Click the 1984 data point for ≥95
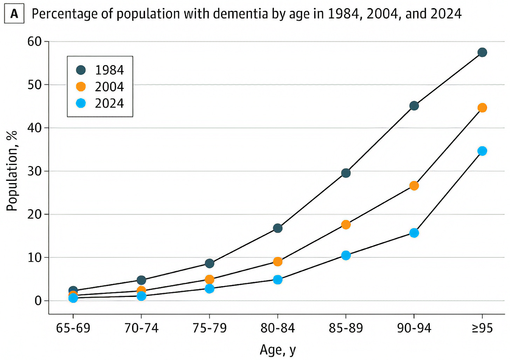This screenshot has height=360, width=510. (x=482, y=52)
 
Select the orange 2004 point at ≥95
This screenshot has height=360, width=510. (x=482, y=108)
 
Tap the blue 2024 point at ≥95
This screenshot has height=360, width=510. (x=482, y=151)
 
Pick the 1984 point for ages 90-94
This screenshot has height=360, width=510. (x=414, y=106)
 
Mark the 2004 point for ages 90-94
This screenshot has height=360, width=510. (x=414, y=186)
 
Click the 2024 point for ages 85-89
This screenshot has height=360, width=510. (x=346, y=255)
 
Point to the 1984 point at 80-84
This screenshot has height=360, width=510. (x=278, y=228)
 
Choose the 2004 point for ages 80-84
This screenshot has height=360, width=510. (x=278, y=262)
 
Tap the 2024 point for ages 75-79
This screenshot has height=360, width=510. (x=209, y=289)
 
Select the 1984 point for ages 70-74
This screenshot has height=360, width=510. (x=142, y=280)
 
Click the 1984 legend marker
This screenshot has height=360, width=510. (x=81, y=70)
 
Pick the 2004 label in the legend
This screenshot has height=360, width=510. (x=109, y=87)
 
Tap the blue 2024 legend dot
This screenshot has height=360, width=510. (x=81, y=104)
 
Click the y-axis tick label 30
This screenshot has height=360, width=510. (x=35, y=171)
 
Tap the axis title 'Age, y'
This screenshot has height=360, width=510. (x=278, y=350)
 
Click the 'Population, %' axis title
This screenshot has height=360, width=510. (x=12, y=171)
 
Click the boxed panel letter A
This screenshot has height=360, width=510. (x=14, y=14)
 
